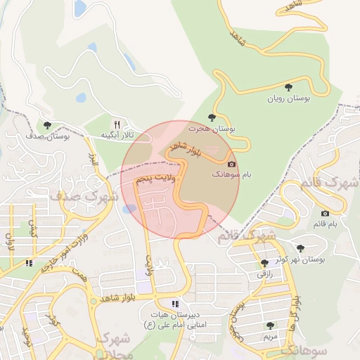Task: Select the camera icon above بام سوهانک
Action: coord(232,164)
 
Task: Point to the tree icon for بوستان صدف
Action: coord(47,125)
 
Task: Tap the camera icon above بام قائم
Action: coord(324,213)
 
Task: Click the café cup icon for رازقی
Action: coord(264,262)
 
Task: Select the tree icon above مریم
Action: coord(270,325)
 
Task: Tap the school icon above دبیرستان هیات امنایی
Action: coord(174,304)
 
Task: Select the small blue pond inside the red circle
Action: coord(129,209)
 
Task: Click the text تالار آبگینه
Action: coord(117,134)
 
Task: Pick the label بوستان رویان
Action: coord(288,98)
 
